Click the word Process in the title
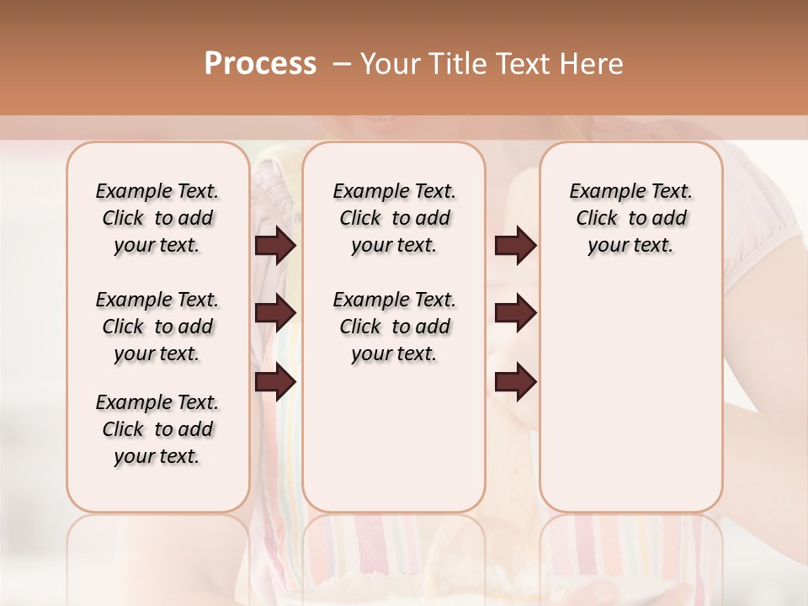tap(260, 64)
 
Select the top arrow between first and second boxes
tap(275, 246)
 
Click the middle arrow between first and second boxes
tap(275, 313)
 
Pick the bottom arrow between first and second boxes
tap(275, 382)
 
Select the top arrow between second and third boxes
tap(515, 246)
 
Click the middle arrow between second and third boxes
tap(515, 313)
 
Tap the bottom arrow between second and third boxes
tap(515, 382)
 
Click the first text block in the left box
tap(157, 218)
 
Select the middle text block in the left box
tap(157, 327)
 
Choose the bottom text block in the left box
tap(157, 429)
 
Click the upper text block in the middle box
tap(394, 218)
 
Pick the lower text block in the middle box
tap(394, 327)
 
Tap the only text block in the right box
tap(630, 218)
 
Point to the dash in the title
tap(341, 64)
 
